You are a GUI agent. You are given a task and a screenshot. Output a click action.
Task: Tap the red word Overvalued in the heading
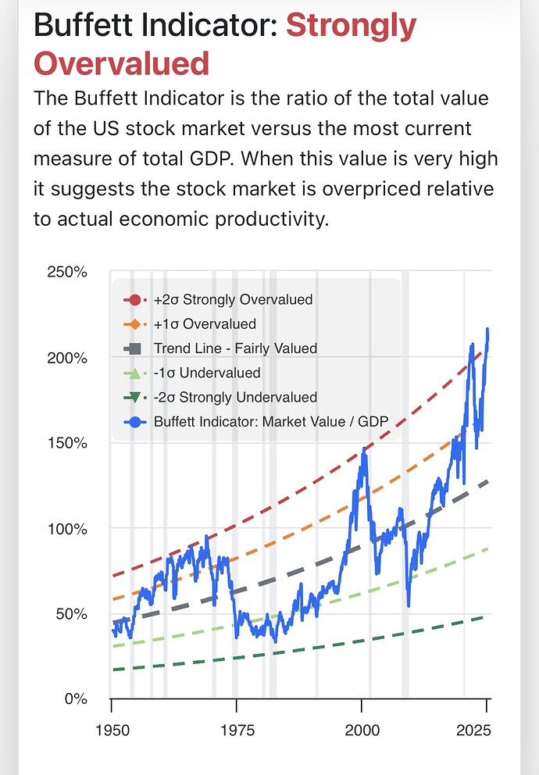pyautogui.click(x=122, y=62)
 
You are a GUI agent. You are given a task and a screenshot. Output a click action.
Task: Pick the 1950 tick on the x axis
pyautogui.click(x=111, y=730)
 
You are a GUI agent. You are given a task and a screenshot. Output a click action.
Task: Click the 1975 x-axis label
pyautogui.click(x=237, y=730)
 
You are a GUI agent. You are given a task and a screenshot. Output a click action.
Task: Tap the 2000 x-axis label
pyautogui.click(x=362, y=730)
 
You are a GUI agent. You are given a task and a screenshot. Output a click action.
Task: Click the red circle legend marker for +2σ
pyautogui.click(x=134, y=299)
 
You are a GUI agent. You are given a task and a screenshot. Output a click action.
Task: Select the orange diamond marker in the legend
pyautogui.click(x=134, y=323)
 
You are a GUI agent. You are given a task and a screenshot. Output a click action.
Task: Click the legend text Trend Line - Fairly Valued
pyautogui.click(x=235, y=348)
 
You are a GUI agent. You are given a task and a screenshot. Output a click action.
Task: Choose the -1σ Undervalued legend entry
pyautogui.click(x=207, y=373)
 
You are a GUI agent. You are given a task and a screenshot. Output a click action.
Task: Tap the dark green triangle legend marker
pyautogui.click(x=134, y=398)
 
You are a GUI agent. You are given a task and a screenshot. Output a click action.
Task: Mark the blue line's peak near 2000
pyautogui.click(x=362, y=449)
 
